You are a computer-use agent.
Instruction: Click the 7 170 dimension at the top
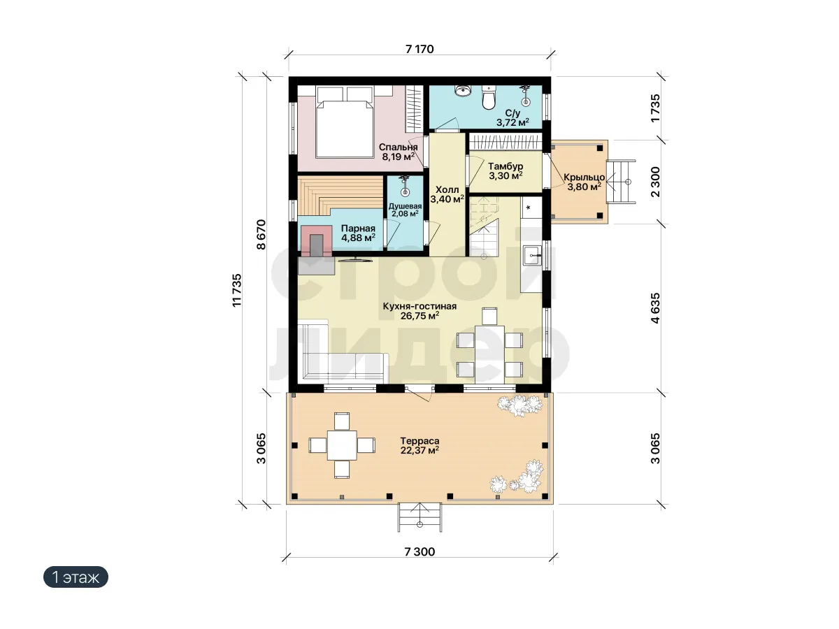pyautogui.click(x=419, y=49)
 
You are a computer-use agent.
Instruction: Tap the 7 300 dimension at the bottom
pyautogui.click(x=419, y=552)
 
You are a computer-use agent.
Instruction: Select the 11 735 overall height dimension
pyautogui.click(x=237, y=290)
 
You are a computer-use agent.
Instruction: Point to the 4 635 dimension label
pyautogui.click(x=655, y=308)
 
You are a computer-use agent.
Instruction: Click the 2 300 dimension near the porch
pyautogui.click(x=655, y=182)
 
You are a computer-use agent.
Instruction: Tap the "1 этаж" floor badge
pyautogui.click(x=76, y=577)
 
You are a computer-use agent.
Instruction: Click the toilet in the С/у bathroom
pyautogui.click(x=488, y=97)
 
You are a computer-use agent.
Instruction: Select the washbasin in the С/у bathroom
pyautogui.click(x=464, y=91)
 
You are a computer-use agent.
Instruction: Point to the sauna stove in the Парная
pyautogui.click(x=316, y=241)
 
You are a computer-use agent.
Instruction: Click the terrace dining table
pyautogui.click(x=342, y=445)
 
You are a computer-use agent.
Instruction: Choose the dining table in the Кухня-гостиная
pyautogui.click(x=489, y=354)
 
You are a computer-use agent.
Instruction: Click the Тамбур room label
pyautogui.click(x=505, y=166)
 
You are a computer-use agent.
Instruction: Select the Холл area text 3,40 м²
pyautogui.click(x=447, y=199)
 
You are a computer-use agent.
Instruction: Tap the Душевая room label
pyautogui.click(x=405, y=206)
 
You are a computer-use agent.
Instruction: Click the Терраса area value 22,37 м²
pyautogui.click(x=419, y=450)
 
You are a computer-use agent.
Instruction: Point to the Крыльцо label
pyautogui.click(x=584, y=178)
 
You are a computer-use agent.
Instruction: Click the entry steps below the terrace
pyautogui.click(x=419, y=517)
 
